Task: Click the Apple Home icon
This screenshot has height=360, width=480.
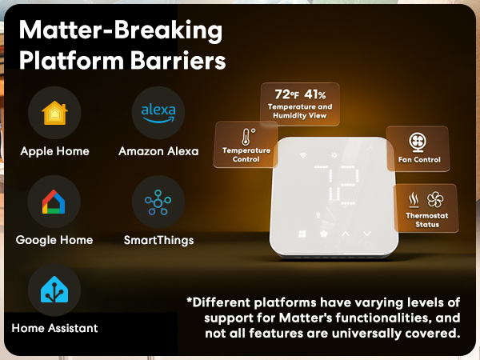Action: [x=54, y=114]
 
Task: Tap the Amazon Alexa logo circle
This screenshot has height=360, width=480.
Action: [x=158, y=114]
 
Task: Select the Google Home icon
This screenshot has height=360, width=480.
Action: [x=54, y=203]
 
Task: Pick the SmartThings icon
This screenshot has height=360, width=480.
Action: [x=158, y=203]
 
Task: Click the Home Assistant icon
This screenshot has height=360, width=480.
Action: [x=54, y=290]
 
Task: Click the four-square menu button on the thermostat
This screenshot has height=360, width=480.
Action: [x=302, y=234]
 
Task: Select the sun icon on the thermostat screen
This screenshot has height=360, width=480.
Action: [x=334, y=154]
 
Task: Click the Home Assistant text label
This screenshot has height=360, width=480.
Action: [x=55, y=328]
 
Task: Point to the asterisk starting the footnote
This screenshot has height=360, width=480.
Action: [x=190, y=302]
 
